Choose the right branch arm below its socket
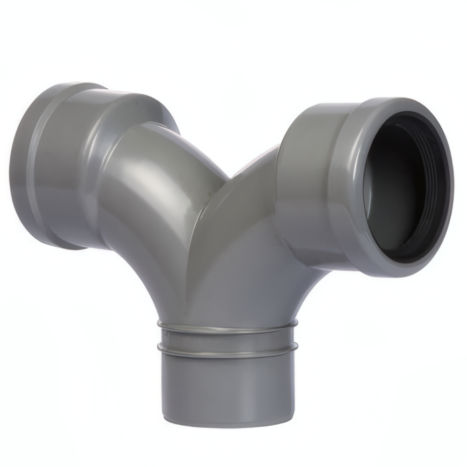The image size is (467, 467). point(262,262)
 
